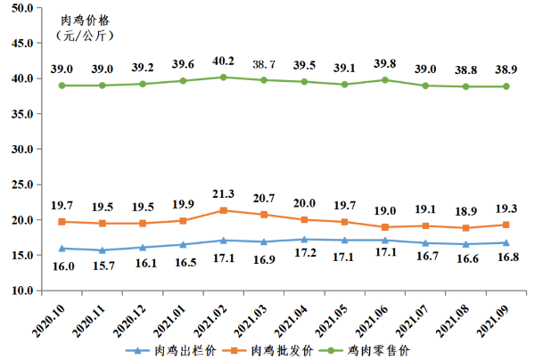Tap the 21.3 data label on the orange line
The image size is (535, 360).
point(224,193)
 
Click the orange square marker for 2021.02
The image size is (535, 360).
point(224,210)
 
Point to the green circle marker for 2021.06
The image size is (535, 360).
point(384,79)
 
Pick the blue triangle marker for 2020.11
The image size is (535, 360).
point(103,250)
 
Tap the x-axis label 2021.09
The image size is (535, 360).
point(491,319)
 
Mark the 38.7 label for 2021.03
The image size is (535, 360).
point(263,66)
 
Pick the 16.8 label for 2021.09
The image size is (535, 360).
point(506,258)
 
